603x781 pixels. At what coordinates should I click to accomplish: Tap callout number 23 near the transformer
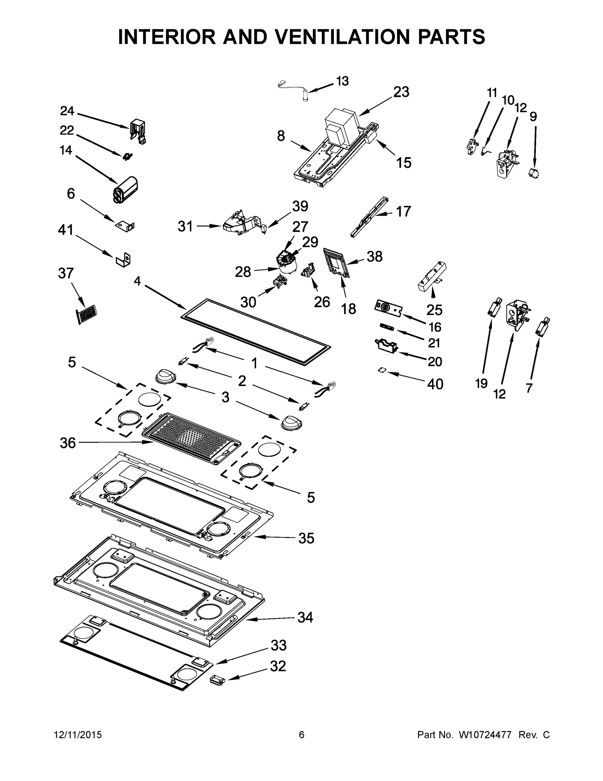point(401,92)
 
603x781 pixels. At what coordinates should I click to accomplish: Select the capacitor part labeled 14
point(125,189)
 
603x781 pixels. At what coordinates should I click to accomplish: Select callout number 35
point(306,538)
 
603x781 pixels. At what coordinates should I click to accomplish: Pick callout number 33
point(279,646)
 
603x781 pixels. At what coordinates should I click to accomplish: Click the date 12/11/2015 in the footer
point(78,734)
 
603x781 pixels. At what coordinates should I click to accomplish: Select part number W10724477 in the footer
point(485,734)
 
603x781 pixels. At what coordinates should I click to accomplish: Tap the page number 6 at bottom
point(302,734)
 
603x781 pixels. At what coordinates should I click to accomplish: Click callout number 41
point(66,230)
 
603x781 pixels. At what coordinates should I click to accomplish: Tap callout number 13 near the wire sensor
point(342,81)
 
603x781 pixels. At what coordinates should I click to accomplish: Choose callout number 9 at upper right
point(533,116)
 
